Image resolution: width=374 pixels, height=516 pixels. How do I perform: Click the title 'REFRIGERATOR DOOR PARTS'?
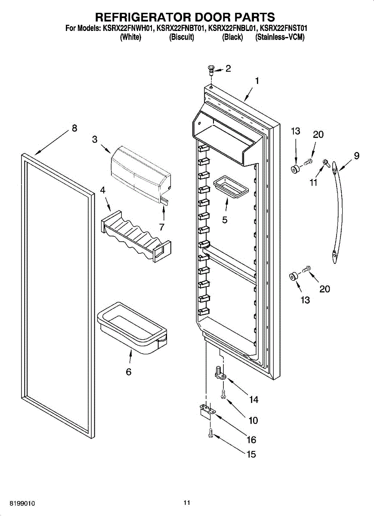click(x=185, y=17)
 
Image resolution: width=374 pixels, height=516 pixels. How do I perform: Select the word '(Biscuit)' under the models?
click(x=182, y=37)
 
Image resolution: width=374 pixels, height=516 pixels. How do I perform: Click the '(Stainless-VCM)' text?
click(x=280, y=37)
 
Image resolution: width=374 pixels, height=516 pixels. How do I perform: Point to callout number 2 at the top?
click(x=228, y=68)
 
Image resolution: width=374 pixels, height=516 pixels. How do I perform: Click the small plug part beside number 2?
click(x=211, y=69)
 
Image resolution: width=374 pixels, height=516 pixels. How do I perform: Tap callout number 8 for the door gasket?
click(x=74, y=128)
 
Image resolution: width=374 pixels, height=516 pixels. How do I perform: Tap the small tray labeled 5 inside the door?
click(x=231, y=186)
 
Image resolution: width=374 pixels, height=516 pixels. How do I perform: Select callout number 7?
click(x=162, y=227)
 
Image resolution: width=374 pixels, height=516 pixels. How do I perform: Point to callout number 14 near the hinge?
click(x=253, y=399)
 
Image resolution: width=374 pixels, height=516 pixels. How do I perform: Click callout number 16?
click(x=251, y=439)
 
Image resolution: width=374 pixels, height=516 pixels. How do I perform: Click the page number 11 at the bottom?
click(x=186, y=502)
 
